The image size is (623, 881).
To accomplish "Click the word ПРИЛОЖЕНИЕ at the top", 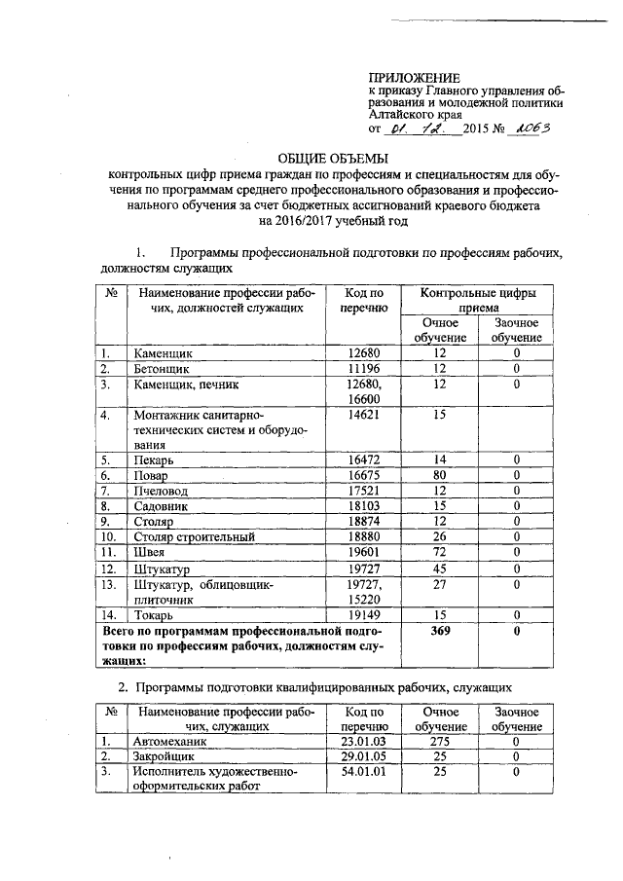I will [x=414, y=77].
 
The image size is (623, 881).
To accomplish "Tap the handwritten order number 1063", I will [x=532, y=128].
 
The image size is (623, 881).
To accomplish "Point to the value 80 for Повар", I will [x=440, y=475].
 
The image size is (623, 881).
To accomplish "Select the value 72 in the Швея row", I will [x=440, y=551].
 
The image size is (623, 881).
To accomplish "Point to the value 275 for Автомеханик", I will [x=440, y=740].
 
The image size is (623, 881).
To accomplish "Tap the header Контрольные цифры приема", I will [x=478, y=300].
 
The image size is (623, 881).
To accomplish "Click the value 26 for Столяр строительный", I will [x=440, y=536].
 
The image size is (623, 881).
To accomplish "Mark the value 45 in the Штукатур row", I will [x=440, y=567].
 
